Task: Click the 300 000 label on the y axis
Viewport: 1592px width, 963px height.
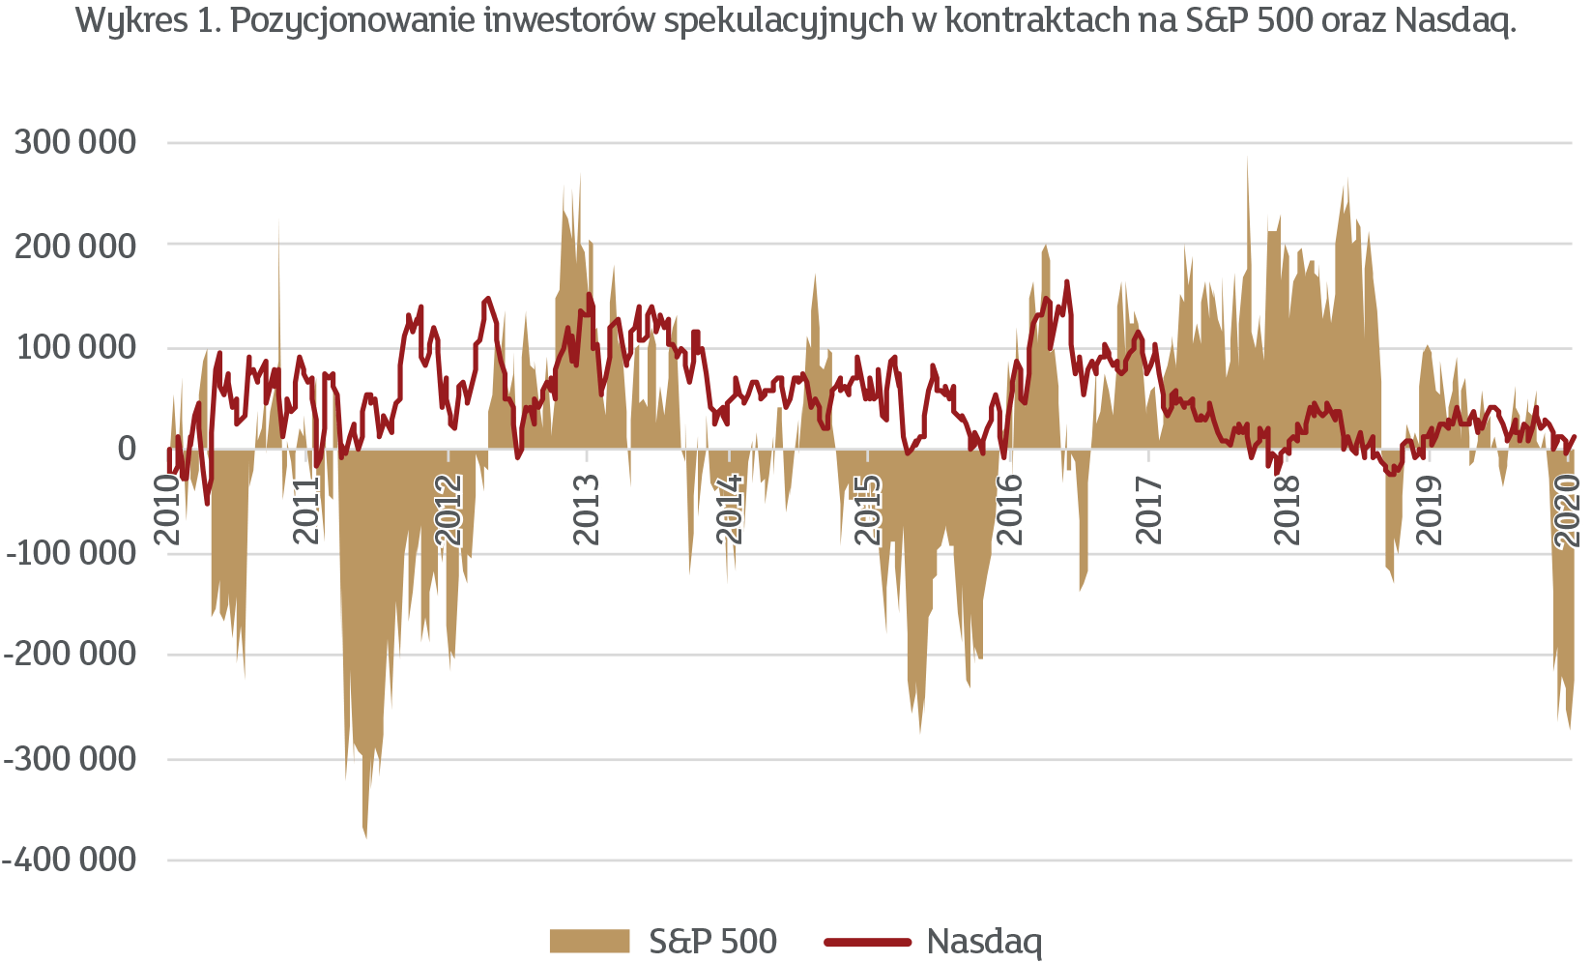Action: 75,142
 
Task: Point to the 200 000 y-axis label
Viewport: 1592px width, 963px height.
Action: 75,246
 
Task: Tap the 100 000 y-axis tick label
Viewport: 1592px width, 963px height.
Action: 76,347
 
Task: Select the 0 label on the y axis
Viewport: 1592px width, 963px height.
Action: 127,449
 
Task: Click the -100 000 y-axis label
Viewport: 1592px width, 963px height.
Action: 72,552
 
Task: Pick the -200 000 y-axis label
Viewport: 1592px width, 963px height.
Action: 72,654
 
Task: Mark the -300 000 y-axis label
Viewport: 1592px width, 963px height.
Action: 72,759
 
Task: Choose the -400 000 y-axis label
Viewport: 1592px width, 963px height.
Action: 72,860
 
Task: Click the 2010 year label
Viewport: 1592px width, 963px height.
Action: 169,511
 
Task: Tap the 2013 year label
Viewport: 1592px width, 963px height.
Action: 587,511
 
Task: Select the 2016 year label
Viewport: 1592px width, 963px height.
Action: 1011,511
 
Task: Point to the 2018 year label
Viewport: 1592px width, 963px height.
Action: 1288,511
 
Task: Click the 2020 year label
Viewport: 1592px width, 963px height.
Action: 1568,511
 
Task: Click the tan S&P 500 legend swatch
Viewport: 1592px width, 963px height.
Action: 589,941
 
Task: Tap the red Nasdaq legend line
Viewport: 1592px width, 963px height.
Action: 867,941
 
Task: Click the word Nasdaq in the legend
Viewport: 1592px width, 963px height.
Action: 984,941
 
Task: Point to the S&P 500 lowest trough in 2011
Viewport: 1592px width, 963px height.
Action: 365,837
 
